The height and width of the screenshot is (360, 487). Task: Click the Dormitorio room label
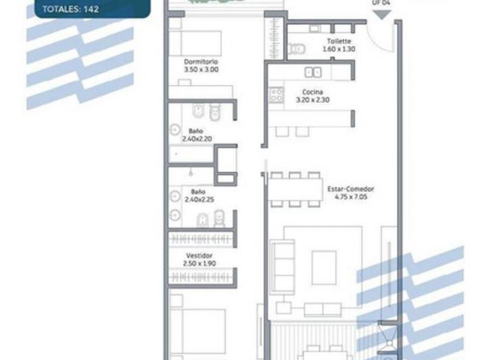click(201, 62)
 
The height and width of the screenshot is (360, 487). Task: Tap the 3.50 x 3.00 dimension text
click(202, 70)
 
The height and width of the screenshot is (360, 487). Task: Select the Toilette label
click(339, 41)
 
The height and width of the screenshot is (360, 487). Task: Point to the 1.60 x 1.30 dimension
click(339, 49)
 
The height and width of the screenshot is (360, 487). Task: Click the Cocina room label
click(312, 92)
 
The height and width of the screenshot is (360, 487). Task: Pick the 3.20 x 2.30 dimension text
click(312, 99)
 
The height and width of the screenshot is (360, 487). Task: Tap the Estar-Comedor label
click(350, 189)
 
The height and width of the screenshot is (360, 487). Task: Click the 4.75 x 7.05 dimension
click(351, 197)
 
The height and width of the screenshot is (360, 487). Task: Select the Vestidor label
click(200, 256)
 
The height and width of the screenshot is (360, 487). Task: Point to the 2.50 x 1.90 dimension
click(200, 263)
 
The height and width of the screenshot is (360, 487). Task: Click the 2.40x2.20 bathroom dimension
click(198, 139)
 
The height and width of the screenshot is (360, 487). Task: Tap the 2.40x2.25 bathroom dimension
click(200, 200)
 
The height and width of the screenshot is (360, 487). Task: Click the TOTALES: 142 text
click(70, 9)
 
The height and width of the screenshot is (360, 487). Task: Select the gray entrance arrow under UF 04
click(381, 15)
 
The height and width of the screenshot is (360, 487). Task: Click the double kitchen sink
click(313, 72)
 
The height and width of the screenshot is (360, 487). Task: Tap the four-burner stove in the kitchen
click(276, 95)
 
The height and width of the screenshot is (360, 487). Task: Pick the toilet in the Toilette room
click(297, 49)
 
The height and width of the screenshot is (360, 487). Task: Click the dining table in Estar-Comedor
click(295, 189)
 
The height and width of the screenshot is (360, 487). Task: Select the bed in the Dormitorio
click(195, 43)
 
